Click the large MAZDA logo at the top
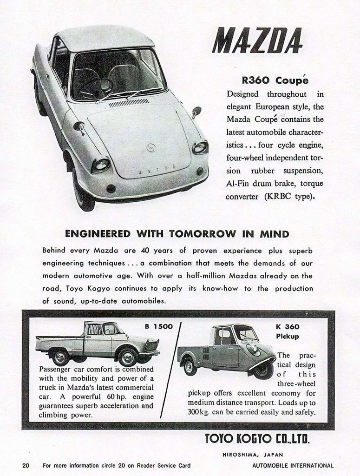(x=257, y=40)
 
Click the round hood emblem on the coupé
(x=151, y=148)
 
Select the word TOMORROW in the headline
(x=202, y=234)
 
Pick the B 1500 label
(x=158, y=326)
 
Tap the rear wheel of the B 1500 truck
(x=60, y=357)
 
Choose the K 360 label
(x=287, y=326)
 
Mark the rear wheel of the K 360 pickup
(x=190, y=366)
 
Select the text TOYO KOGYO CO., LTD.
(x=257, y=438)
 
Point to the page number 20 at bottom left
(x=26, y=465)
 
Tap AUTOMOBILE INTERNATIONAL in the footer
(x=293, y=465)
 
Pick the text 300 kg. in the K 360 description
(x=199, y=412)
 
